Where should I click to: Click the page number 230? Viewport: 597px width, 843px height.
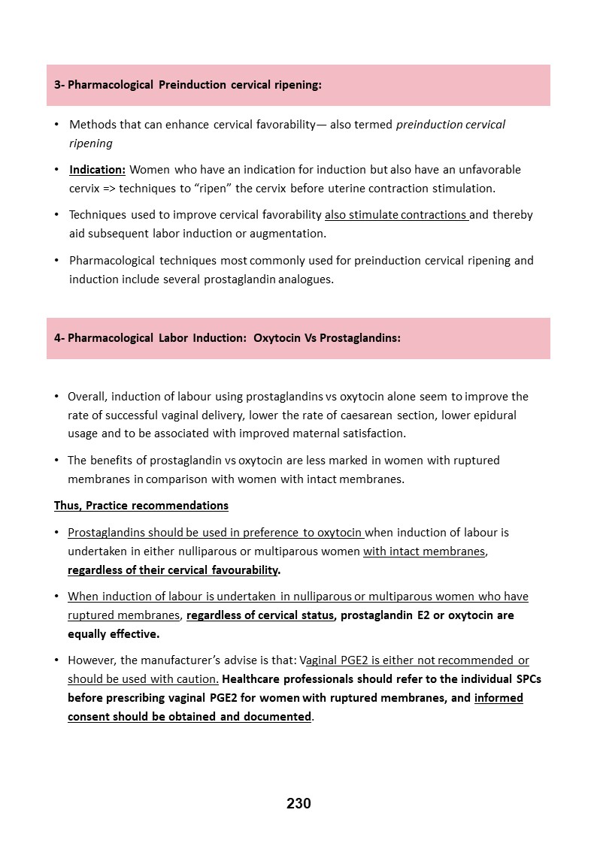coord(298,803)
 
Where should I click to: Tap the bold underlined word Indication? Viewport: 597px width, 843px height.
coord(97,169)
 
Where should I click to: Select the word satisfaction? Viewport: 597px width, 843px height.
coord(371,433)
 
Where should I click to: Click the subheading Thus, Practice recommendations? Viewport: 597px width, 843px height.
coord(141,505)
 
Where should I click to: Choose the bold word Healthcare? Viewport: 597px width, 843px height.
coord(255,678)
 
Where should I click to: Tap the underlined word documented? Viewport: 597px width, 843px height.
coord(277,716)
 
